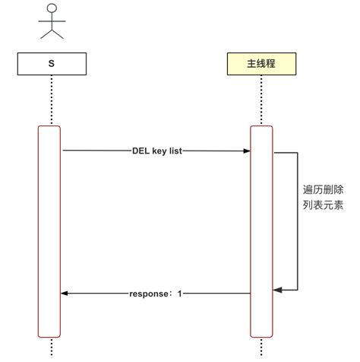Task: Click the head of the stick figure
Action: click(51, 8)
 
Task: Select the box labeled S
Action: click(50, 64)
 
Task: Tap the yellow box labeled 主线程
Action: click(261, 64)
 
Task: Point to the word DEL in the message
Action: click(141, 151)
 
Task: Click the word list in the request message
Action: click(174, 151)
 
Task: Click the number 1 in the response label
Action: click(180, 293)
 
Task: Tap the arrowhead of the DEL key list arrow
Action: click(247, 151)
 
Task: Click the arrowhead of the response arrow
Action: click(65, 293)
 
